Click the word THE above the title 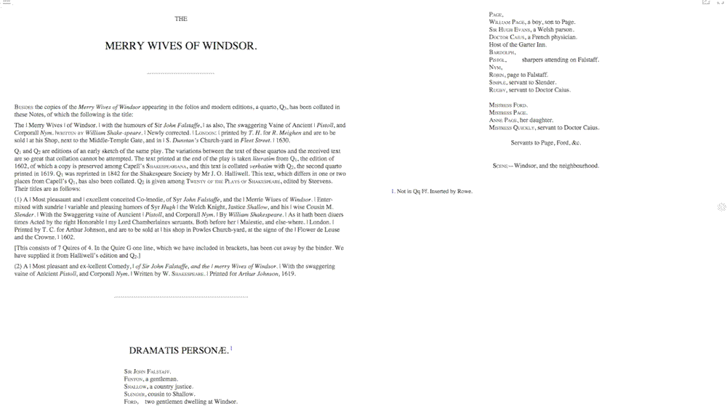(x=181, y=19)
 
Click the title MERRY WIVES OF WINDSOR (x=181, y=46)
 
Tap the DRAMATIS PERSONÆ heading (x=178, y=350)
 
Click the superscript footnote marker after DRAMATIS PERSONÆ (x=231, y=348)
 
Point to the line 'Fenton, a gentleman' (x=151, y=378)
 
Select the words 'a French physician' (x=553, y=37)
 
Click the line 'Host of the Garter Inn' (x=518, y=45)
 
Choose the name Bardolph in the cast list (x=502, y=52)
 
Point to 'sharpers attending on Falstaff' (x=560, y=60)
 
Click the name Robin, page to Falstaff (x=519, y=75)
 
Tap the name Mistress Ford (x=508, y=105)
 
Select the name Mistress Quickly (x=513, y=128)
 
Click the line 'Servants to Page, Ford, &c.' (x=546, y=142)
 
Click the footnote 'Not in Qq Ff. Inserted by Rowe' (x=433, y=191)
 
